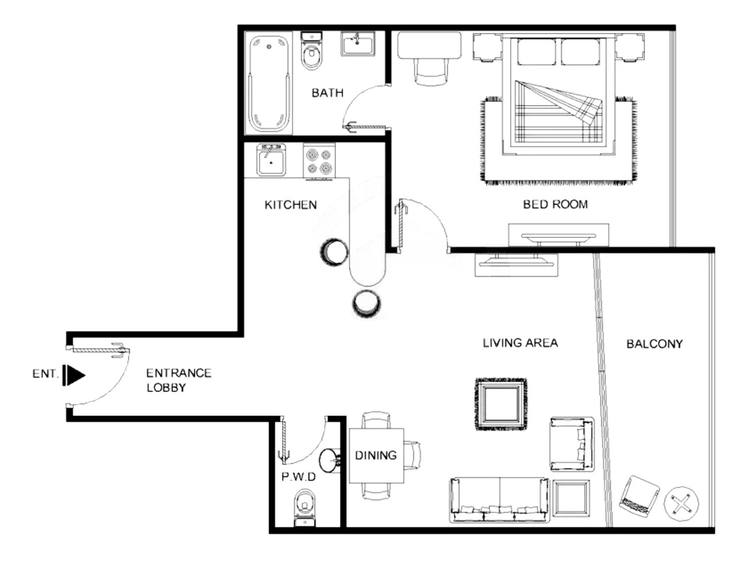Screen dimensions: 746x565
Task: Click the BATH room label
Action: (328, 93)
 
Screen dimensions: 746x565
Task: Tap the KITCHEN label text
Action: (291, 205)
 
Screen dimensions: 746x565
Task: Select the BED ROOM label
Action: (555, 204)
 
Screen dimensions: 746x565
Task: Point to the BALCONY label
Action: (654, 344)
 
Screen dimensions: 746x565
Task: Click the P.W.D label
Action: (298, 476)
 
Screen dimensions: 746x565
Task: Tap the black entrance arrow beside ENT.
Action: (74, 375)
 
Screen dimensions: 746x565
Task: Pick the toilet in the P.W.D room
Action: (305, 507)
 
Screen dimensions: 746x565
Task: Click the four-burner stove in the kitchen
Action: (319, 160)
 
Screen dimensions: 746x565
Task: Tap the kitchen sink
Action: (271, 160)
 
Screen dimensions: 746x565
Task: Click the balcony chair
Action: (639, 493)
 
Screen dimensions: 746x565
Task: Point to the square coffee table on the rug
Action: (501, 404)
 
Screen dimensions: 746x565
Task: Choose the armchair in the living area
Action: (572, 444)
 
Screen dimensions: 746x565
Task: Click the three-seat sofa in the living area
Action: (499, 500)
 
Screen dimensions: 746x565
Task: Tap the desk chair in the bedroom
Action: (430, 72)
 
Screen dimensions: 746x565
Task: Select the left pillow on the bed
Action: (537, 52)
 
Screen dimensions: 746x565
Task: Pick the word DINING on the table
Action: (375, 455)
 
